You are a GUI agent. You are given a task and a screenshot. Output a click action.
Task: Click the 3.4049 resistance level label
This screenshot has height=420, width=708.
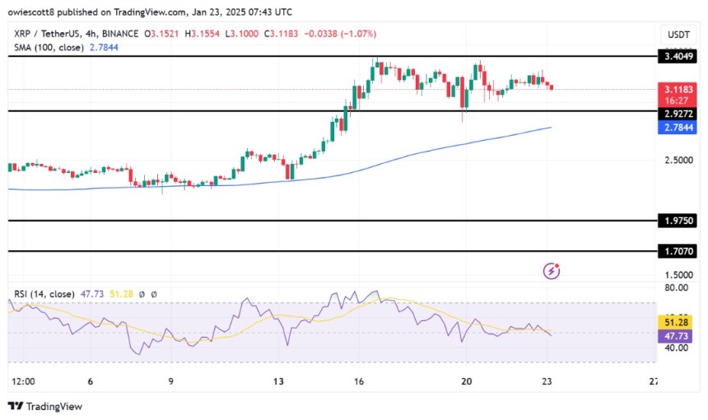tap(678, 57)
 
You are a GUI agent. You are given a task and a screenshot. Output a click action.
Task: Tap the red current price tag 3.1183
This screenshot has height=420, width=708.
tap(678, 86)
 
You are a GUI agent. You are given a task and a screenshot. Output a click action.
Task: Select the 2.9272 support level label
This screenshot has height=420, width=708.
tap(678, 110)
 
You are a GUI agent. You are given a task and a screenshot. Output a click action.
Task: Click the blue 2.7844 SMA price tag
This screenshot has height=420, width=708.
tap(678, 128)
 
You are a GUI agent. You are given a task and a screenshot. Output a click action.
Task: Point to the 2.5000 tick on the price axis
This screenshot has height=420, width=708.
tap(678, 160)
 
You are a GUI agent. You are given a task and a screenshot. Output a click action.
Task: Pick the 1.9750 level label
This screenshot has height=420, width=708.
tap(678, 221)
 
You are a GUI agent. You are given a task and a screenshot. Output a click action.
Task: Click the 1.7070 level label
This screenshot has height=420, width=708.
tap(678, 251)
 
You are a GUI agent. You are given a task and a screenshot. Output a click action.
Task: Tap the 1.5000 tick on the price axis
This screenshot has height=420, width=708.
tap(678, 275)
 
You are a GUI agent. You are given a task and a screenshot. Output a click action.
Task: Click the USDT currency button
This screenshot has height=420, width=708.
tap(678, 34)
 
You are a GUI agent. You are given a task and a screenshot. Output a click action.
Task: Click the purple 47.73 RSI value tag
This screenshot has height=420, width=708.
tap(678, 335)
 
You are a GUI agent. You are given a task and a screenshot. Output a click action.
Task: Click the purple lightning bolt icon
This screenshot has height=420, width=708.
tap(552, 270)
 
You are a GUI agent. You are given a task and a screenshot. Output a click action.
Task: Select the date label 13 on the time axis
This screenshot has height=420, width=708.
tap(279, 381)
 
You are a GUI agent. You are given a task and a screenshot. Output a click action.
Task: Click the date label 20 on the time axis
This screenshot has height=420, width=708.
tap(467, 381)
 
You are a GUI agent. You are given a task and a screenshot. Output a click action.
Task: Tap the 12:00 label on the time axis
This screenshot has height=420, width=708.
tap(24, 381)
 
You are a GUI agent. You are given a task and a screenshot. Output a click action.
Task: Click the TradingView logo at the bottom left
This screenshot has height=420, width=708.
tap(45, 406)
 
